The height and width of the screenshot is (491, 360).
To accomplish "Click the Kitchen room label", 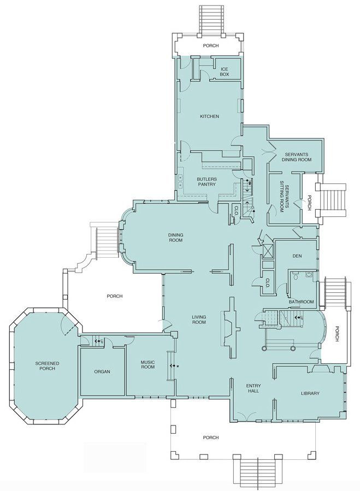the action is point(209,116).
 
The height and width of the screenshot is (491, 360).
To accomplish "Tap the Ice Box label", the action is point(225,72).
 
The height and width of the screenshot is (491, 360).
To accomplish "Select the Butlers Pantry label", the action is point(206,182).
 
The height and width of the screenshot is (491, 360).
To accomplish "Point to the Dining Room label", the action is point(175,238).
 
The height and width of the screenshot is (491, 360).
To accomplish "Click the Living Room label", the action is point(199,320).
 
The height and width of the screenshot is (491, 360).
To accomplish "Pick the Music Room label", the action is point(147,364).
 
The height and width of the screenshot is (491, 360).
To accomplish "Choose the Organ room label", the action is point(102,372).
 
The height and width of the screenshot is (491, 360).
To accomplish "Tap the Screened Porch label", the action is point(48,366).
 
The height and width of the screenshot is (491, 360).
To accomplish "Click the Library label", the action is point(310,393).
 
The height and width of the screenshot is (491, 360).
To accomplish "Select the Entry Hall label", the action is point(253,388).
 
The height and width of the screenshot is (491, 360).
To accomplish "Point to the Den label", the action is point(297,256).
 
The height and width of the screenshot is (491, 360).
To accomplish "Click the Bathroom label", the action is point(301,302).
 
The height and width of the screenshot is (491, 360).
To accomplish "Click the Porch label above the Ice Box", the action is point(211,45).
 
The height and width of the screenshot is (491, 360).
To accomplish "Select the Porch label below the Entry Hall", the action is point(210,437).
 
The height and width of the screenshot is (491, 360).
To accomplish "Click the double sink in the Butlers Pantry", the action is point(181,181).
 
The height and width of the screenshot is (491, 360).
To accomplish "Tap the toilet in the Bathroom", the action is point(295,276).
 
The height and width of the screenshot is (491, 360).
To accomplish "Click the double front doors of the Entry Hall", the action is point(246,417).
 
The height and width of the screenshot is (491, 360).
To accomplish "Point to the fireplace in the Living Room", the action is point(229,328).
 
